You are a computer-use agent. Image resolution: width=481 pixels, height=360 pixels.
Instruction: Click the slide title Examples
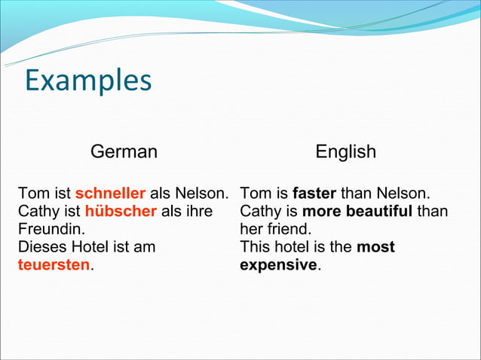(88, 81)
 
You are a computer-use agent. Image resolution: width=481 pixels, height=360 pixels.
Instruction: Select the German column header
(124, 151)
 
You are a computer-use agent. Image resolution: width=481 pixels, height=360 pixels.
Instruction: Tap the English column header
(345, 151)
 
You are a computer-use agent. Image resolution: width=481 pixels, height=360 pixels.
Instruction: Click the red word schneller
(110, 193)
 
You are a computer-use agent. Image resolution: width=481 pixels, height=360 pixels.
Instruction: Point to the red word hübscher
(121, 211)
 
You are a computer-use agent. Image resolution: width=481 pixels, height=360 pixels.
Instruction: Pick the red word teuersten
(54, 265)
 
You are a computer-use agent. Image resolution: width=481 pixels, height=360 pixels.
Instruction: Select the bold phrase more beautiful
(357, 211)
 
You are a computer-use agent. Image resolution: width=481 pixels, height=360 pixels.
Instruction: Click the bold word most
(375, 247)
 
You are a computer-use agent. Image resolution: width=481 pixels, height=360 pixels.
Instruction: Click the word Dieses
(41, 247)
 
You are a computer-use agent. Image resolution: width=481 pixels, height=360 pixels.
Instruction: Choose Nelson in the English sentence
(404, 193)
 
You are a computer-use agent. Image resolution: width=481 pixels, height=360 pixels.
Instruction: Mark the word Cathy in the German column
(38, 211)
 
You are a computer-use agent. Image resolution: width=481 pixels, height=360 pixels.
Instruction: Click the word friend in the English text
(288, 229)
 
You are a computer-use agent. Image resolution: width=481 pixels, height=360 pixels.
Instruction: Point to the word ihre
(198, 211)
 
